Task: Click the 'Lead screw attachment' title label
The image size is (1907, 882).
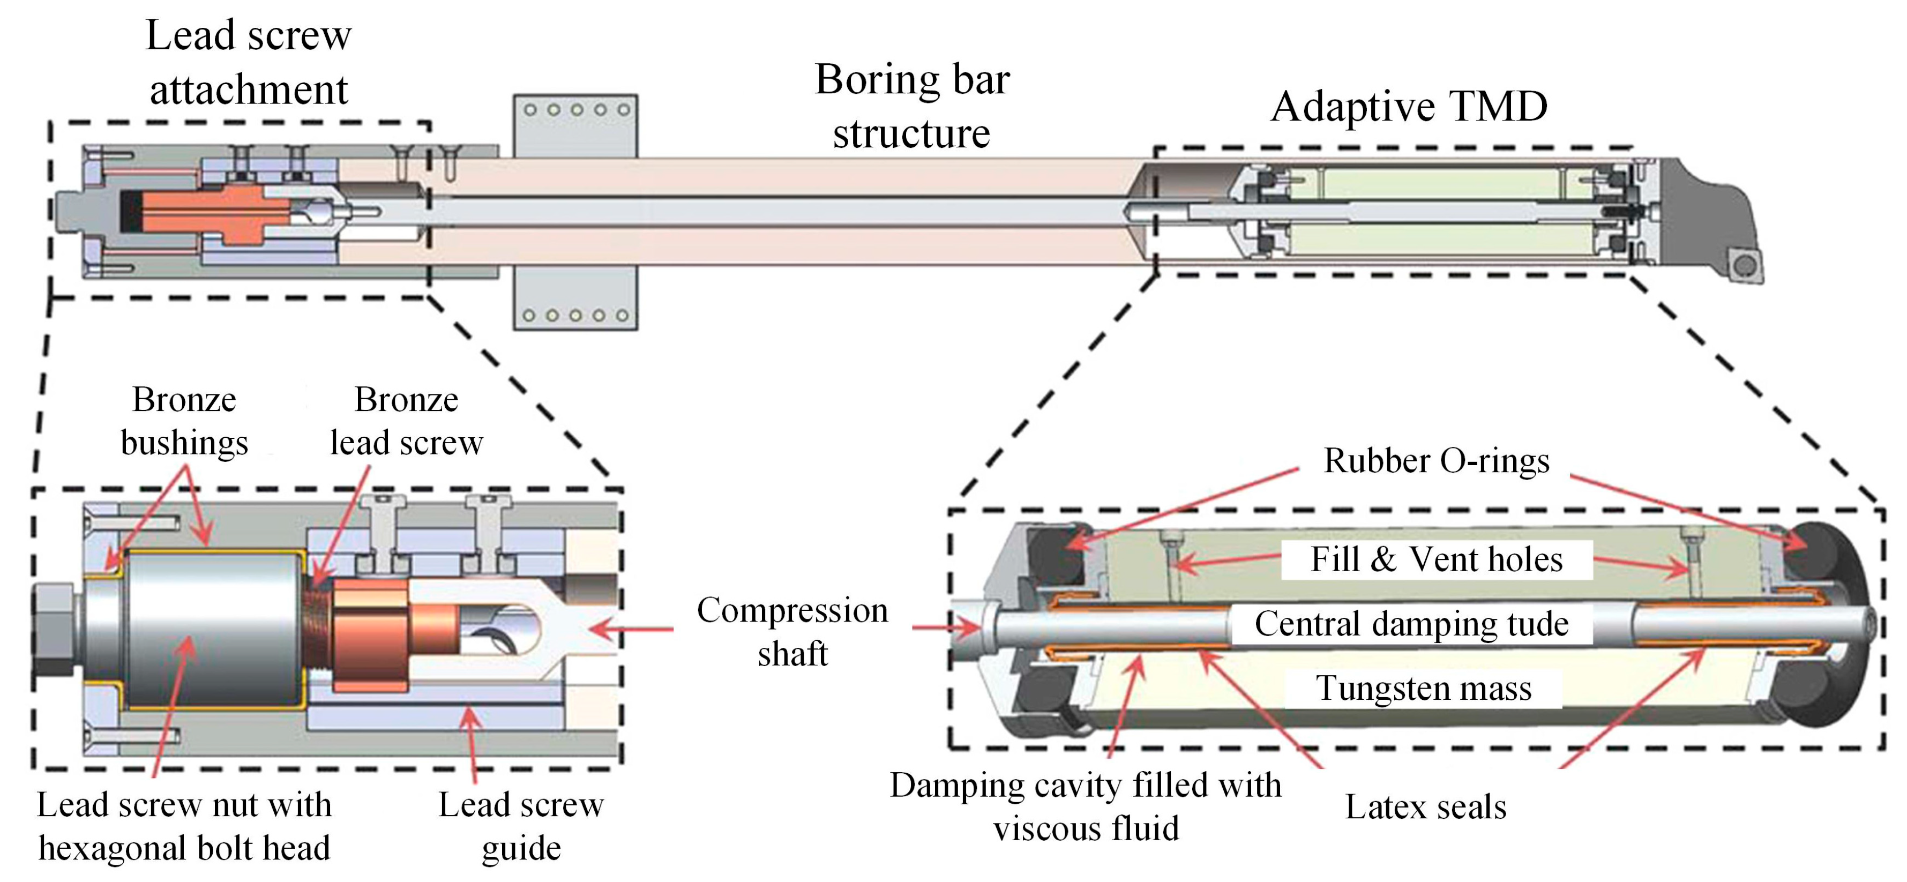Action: coord(248,62)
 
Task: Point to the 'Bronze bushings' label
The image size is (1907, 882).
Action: coord(184,421)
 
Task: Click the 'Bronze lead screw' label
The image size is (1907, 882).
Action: coord(406,421)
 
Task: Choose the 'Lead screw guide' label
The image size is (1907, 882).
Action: coord(521,826)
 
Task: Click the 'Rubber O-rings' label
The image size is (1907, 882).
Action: coord(1436,461)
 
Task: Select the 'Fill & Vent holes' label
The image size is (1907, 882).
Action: coord(1436,559)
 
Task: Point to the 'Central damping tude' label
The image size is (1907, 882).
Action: coord(1411,624)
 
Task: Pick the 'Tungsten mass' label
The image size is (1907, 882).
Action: coord(1423,688)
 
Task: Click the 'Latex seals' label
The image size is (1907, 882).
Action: coord(1425,806)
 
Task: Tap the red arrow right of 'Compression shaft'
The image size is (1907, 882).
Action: coord(947,629)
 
